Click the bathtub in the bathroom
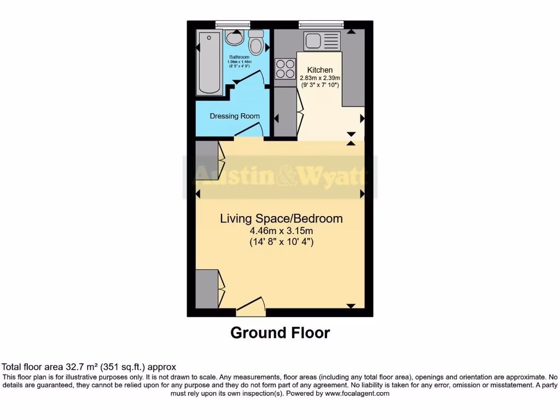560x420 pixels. pyautogui.click(x=210, y=62)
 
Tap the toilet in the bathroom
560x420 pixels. pyautogui.click(x=255, y=41)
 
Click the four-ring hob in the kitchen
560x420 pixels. pyautogui.click(x=284, y=69)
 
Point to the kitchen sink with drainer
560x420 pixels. pyautogui.click(x=322, y=40)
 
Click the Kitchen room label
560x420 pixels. pyautogui.click(x=320, y=69)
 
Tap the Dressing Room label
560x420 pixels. pyautogui.click(x=235, y=116)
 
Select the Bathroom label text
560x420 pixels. pyautogui.click(x=240, y=57)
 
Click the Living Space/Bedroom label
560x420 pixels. pyautogui.click(x=281, y=219)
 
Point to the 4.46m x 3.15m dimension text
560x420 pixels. pyautogui.click(x=281, y=231)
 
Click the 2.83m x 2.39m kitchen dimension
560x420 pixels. pyautogui.click(x=320, y=78)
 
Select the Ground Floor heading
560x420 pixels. pyautogui.click(x=280, y=332)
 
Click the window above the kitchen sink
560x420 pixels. pyautogui.click(x=321, y=24)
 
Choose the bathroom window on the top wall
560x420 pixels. pyautogui.click(x=232, y=24)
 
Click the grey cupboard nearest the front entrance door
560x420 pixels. pyautogui.click(x=207, y=288)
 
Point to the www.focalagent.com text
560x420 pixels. pyautogui.click(x=357, y=393)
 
